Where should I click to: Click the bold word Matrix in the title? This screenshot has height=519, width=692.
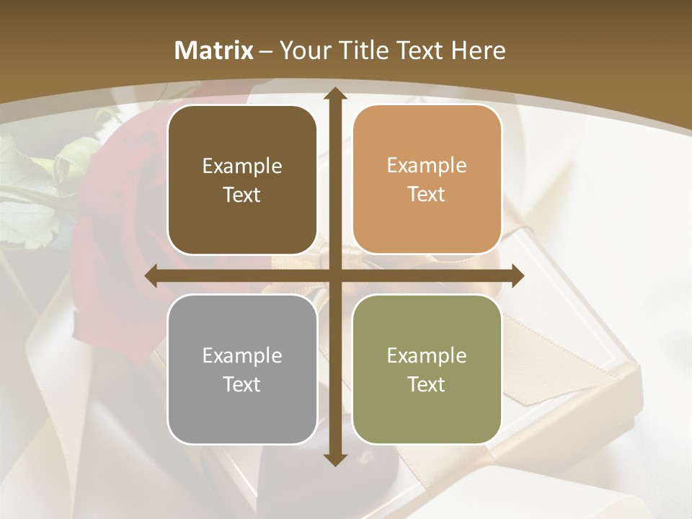(x=214, y=50)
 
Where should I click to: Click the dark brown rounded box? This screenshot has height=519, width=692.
(x=242, y=179)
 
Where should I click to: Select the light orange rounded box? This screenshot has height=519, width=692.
(x=427, y=179)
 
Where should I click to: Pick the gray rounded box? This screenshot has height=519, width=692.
(x=242, y=369)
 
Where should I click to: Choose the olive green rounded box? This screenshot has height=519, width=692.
(x=427, y=369)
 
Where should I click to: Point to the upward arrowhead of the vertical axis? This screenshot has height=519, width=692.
(x=334, y=94)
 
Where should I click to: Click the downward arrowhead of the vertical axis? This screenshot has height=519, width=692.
(x=334, y=459)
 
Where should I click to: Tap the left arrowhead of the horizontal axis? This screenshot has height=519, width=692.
(x=151, y=276)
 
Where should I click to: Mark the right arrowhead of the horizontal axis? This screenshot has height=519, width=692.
(x=518, y=276)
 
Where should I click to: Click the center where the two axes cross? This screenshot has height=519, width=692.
(x=334, y=276)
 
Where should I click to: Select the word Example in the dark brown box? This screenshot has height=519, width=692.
(x=242, y=167)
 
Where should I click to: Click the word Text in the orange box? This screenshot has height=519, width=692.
(x=427, y=195)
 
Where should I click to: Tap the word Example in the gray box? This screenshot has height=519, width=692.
(x=242, y=356)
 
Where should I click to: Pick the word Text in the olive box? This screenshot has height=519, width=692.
(x=427, y=384)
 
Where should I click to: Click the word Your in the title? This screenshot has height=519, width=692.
(x=303, y=50)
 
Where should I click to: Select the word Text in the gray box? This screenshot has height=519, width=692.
(x=242, y=384)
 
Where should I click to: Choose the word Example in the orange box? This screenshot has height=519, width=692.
(x=427, y=166)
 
